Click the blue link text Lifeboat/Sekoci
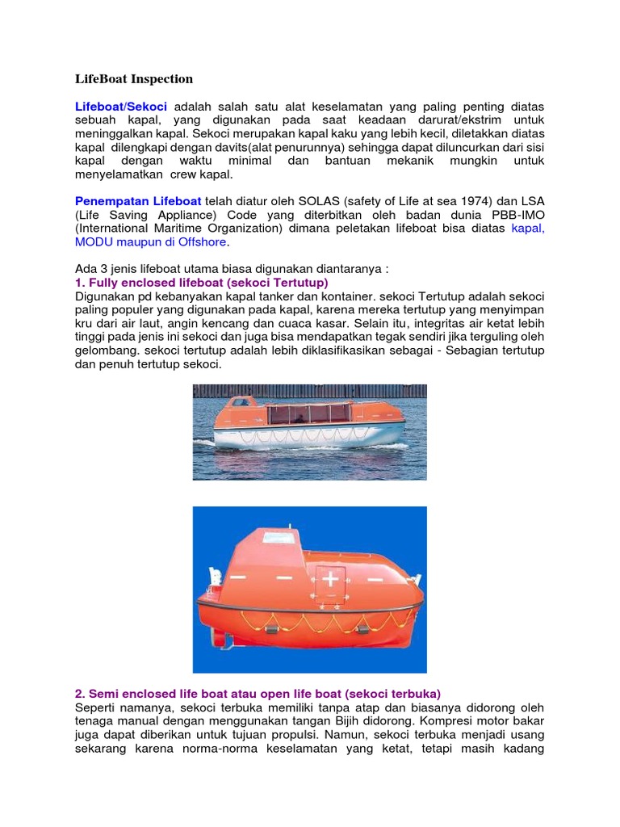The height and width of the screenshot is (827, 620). click(120, 107)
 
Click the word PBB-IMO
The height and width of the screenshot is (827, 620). click(517, 215)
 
